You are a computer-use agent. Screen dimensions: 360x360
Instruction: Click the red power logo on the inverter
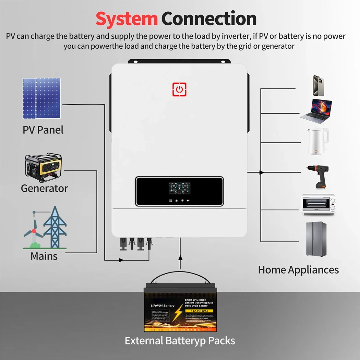tap(179, 89)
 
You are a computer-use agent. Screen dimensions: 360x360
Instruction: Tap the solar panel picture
tap(41, 98)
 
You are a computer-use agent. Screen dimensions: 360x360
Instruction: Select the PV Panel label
tap(43, 130)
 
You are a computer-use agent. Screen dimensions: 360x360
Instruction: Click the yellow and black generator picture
tap(44, 168)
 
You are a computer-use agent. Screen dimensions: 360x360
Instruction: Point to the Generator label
tap(44, 188)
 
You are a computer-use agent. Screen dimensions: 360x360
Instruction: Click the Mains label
tap(44, 256)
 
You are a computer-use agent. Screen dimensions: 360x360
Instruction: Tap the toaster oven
tap(318, 204)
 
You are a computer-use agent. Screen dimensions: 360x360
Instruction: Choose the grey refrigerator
tap(316, 239)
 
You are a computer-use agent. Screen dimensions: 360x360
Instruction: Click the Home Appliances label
tap(298, 270)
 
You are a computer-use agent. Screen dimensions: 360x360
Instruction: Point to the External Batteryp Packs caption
tap(180, 341)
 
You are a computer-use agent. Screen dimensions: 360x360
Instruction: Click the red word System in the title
tap(126, 19)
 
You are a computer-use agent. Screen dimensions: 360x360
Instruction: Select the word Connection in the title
tap(209, 19)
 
